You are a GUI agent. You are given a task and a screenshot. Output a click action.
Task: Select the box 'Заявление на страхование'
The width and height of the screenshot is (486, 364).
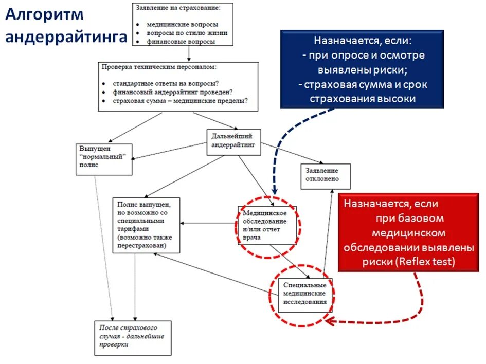183,25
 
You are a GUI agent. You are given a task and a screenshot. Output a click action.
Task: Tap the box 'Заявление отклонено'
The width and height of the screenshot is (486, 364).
325,176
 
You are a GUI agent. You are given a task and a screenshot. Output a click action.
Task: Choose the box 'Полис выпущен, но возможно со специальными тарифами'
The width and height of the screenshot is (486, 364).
147,225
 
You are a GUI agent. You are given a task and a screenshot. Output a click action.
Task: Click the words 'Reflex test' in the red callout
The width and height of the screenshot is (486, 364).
426,261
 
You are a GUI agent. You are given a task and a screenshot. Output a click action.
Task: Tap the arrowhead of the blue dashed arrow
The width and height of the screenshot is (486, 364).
274,191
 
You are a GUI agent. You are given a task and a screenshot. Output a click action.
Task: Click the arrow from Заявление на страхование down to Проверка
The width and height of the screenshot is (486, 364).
189,53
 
